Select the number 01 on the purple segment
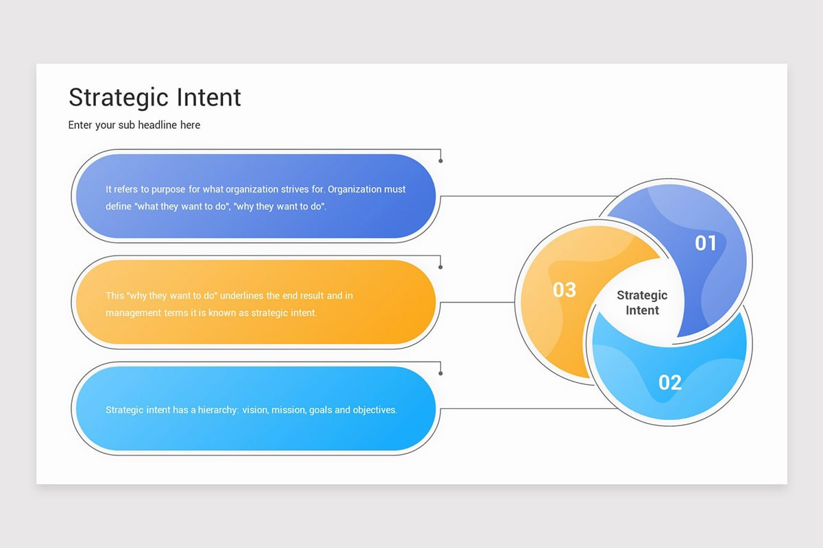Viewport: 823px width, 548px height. coord(706,243)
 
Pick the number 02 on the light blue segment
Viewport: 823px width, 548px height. coord(670,382)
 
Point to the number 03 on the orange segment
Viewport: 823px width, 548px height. coord(564,290)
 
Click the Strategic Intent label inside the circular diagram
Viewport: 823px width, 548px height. coord(642,303)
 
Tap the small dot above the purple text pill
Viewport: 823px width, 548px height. coord(440,161)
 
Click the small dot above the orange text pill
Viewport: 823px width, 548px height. coord(440,267)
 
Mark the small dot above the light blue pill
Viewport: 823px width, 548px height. coord(440,373)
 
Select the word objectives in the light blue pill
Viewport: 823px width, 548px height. coord(374,410)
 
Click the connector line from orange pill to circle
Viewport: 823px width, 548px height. coord(477,302)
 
